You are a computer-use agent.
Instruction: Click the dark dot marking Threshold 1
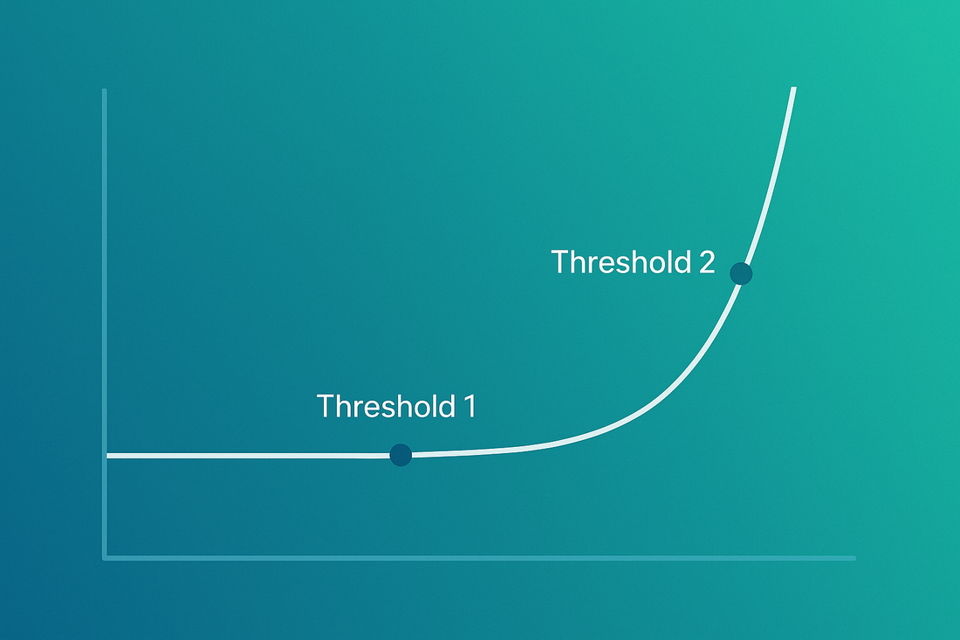(401, 455)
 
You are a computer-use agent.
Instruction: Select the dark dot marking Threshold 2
(741, 273)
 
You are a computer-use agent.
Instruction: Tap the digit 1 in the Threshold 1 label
(470, 406)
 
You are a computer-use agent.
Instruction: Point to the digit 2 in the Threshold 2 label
(707, 262)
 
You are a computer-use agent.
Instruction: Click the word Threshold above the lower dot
(386, 406)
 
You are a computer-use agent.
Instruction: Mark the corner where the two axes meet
(105, 558)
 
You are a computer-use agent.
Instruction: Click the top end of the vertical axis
(105, 90)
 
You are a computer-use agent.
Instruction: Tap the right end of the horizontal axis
(854, 558)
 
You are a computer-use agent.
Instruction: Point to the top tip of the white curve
(793, 88)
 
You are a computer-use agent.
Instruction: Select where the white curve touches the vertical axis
(107, 456)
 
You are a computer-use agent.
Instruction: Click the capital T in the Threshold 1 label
(326, 406)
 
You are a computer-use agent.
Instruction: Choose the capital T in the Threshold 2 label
(560, 262)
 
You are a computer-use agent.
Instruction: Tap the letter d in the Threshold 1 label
(447, 406)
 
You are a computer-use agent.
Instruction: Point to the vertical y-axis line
(105, 324)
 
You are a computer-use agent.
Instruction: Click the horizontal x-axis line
(479, 558)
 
